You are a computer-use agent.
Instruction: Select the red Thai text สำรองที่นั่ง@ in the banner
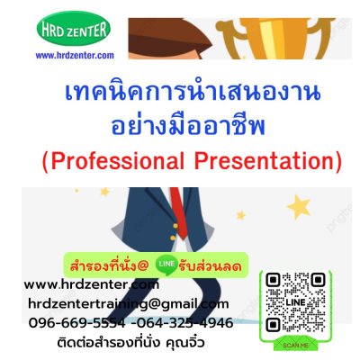pos(108,266)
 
